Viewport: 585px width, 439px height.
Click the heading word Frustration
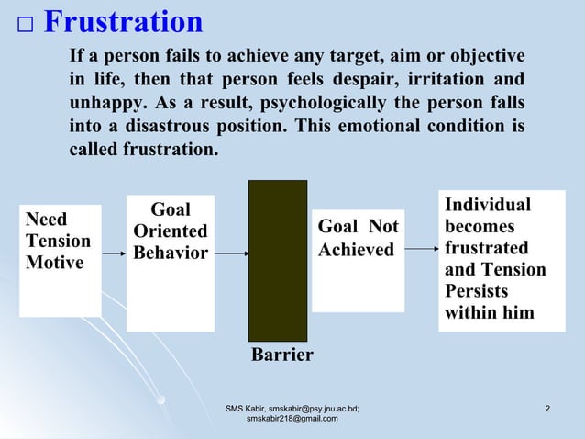pos(123,22)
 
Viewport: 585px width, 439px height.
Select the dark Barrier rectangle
pos(278,261)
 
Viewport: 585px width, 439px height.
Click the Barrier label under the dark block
pos(282,355)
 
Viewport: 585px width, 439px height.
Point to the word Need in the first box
pos(47,219)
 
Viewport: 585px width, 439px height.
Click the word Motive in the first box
pos(54,263)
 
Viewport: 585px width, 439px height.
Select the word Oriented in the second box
pos(171,231)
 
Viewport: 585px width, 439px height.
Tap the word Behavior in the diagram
pos(171,253)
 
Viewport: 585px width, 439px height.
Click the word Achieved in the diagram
pos(356,250)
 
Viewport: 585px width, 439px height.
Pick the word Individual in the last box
pos(488,205)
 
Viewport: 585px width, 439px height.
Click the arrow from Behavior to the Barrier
pos(230,253)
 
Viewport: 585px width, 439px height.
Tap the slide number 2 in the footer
pos(546,408)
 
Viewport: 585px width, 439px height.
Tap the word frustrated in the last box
pos(486,248)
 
